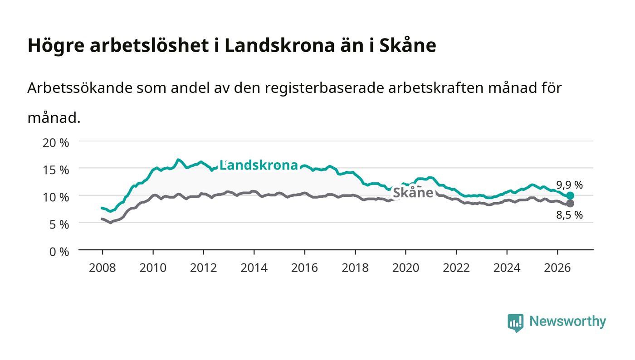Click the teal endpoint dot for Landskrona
coord(571,195)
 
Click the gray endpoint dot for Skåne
coord(571,203)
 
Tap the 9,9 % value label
coord(570,185)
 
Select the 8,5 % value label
coord(570,215)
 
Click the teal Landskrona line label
coord(259,165)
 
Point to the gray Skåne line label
coord(413,193)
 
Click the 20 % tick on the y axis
coord(56,142)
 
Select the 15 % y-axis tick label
coord(56,170)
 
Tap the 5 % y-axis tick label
coord(59,225)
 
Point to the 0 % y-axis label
coord(59,252)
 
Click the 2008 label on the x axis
coord(103,268)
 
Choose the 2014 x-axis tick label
coord(254,268)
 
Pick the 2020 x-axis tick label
coord(405,268)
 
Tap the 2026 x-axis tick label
coord(557,268)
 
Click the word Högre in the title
coord(56,46)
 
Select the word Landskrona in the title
coord(280,45)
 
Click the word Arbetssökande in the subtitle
coord(80,88)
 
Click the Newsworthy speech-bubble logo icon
coord(515,323)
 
